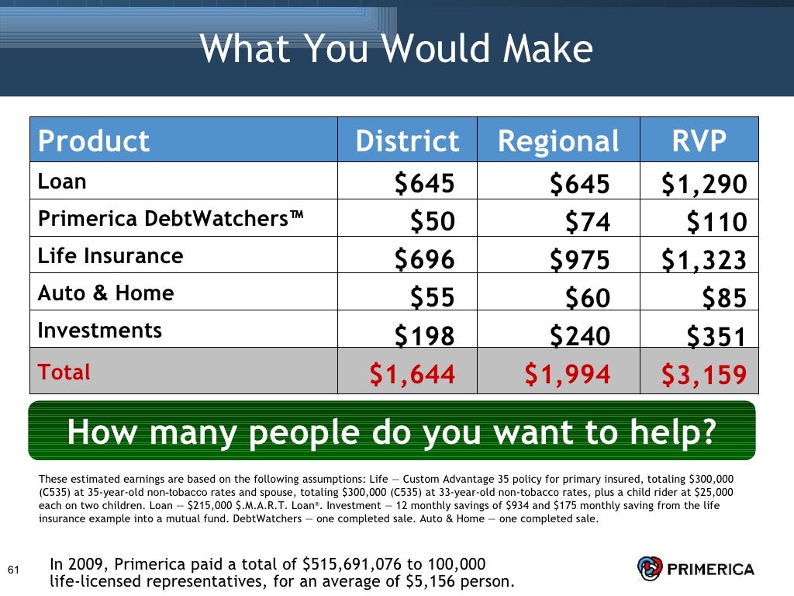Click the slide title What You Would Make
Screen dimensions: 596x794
396,50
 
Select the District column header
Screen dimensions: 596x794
407,141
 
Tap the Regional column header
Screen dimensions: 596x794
558,141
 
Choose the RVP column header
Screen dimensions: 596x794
699,141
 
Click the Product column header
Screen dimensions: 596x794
94,141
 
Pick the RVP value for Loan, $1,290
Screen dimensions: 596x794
704,184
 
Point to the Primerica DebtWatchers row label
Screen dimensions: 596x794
171,220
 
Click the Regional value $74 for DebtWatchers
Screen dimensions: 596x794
588,223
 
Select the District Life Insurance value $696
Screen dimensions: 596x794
424,259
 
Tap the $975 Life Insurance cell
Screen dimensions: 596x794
580,259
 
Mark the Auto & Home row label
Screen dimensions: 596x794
106,293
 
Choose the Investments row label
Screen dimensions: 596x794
100,331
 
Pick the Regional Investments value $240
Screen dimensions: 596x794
580,335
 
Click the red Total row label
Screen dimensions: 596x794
64,372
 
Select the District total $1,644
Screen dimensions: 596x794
412,375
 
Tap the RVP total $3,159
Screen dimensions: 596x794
704,375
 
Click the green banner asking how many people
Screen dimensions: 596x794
392,431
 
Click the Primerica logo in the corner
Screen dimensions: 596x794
695,570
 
